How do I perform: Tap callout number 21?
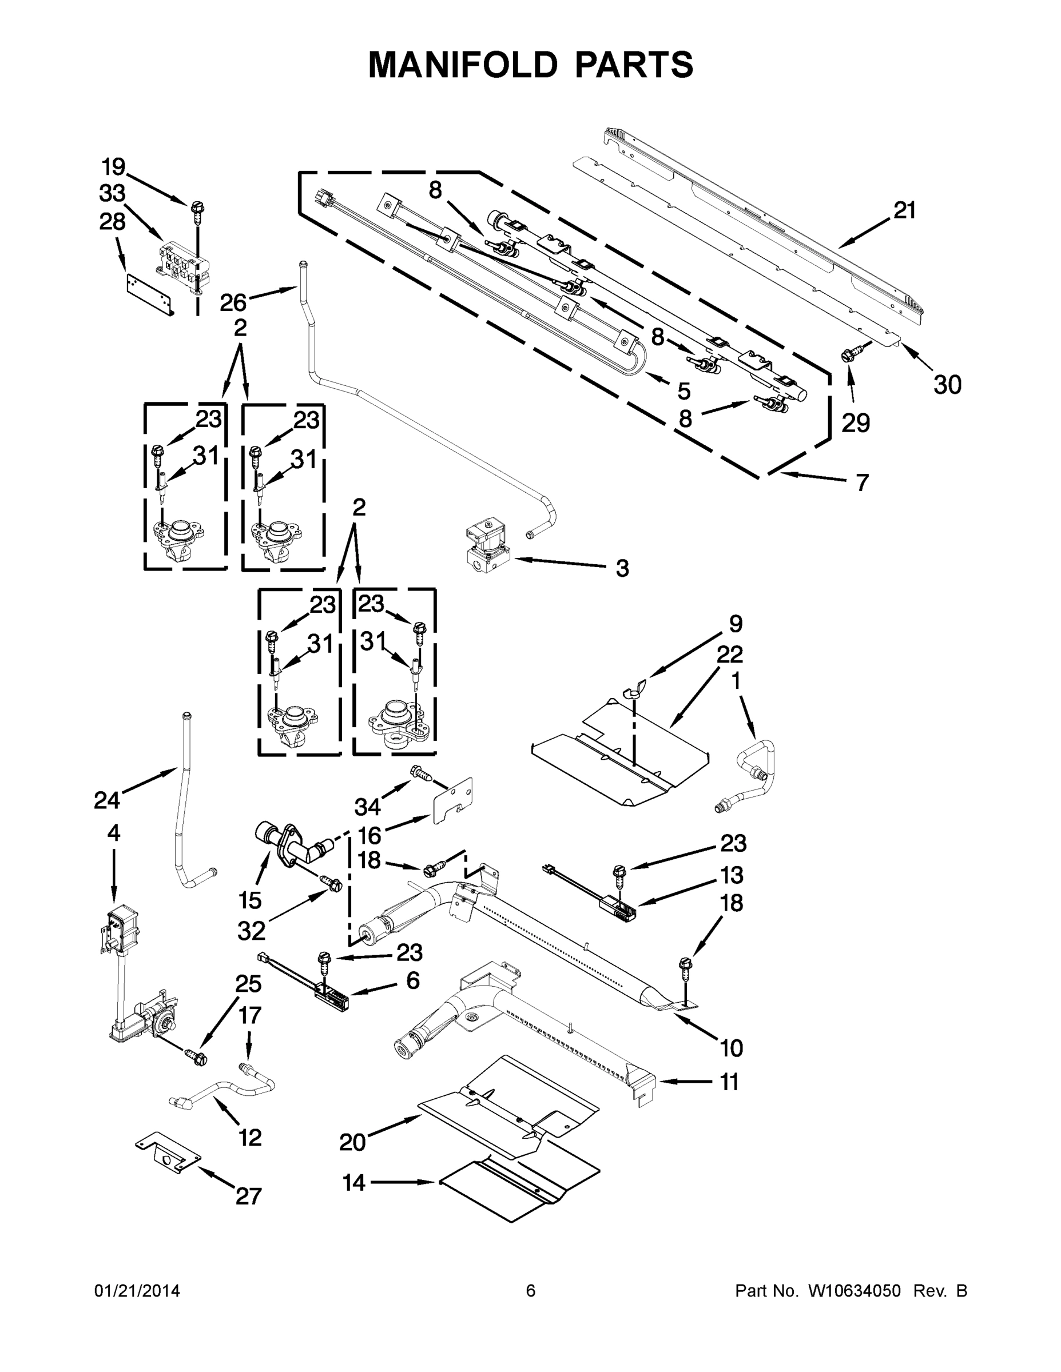pyautogui.click(x=904, y=210)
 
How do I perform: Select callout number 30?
pyautogui.click(x=947, y=385)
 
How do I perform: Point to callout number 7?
pyautogui.click(x=862, y=482)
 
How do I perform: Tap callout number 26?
pyautogui.click(x=233, y=303)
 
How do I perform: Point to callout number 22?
pyautogui.click(x=730, y=655)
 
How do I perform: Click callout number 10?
pyautogui.click(x=731, y=1047)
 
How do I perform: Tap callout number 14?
pyautogui.click(x=354, y=1182)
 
